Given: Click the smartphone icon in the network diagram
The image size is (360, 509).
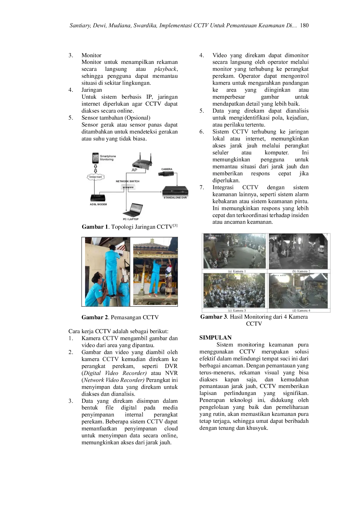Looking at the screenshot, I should (x=95, y=158).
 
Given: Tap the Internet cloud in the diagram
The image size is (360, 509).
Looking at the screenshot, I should (x=96, y=177).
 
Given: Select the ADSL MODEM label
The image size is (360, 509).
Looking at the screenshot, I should (x=98, y=204).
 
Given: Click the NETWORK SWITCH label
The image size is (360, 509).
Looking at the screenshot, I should (x=127, y=181).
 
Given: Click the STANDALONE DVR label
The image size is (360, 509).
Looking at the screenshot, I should (x=175, y=198).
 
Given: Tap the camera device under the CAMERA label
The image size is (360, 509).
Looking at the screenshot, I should (x=166, y=174).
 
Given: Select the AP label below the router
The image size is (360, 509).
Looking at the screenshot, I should (x=134, y=170).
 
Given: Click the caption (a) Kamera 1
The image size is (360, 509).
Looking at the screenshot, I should (x=237, y=271).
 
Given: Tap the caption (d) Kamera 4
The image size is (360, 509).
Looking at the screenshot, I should (x=301, y=311).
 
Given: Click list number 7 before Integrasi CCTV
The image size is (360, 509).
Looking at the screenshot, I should (x=202, y=187).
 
